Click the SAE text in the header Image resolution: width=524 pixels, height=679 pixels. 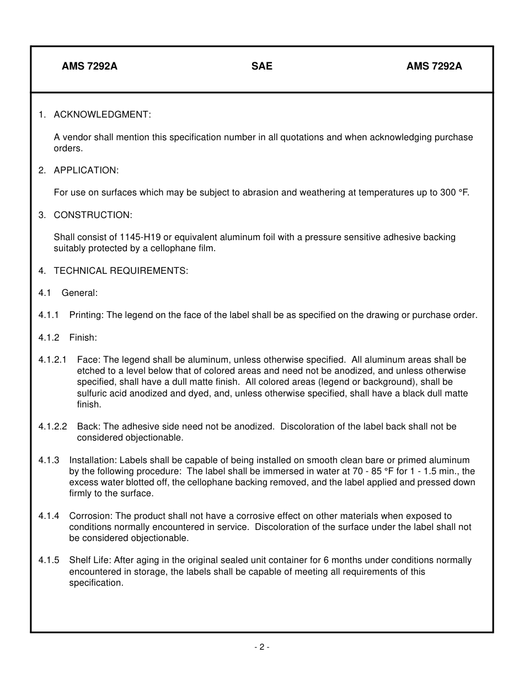(262, 66)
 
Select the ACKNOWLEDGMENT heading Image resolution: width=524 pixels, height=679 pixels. (102, 114)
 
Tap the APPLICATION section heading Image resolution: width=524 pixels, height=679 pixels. (86, 170)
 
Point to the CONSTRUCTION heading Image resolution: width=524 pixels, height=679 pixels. (93, 215)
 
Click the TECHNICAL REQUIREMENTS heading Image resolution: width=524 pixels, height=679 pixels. (121, 270)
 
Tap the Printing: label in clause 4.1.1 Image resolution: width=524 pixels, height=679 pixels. (87, 315)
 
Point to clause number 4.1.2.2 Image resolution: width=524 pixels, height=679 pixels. (53, 427)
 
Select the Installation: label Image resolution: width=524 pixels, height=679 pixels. (93, 460)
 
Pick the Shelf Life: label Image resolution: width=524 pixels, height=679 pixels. (90, 560)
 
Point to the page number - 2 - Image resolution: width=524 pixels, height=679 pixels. (262, 647)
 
